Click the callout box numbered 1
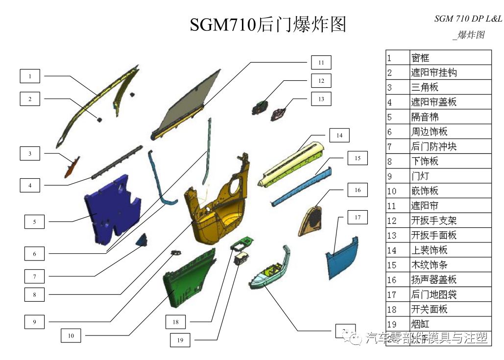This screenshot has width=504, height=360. (30, 76)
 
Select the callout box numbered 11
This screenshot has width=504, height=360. (321, 63)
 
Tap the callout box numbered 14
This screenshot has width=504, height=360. (339, 136)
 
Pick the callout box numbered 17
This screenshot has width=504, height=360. (358, 217)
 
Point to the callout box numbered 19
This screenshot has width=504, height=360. (180, 340)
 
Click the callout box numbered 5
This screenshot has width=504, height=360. (34, 222)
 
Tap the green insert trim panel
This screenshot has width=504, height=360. (189, 279)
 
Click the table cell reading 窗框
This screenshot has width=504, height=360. (450, 58)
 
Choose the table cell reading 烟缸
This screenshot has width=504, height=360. (450, 324)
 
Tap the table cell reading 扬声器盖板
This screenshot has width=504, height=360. (450, 280)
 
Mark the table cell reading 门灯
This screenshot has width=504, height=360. (450, 176)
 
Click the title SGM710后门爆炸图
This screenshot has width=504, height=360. (268, 24)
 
